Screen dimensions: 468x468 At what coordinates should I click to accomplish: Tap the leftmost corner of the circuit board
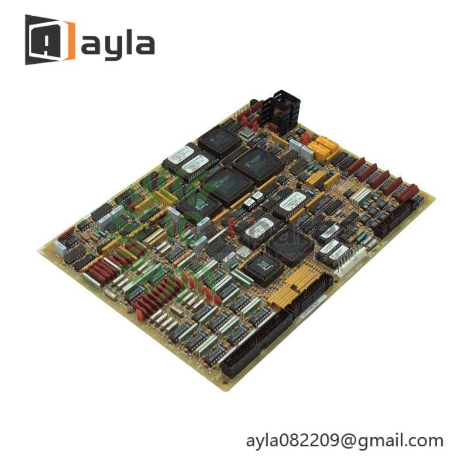click(39, 248)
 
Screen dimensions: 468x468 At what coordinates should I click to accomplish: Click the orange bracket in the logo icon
click(69, 40)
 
